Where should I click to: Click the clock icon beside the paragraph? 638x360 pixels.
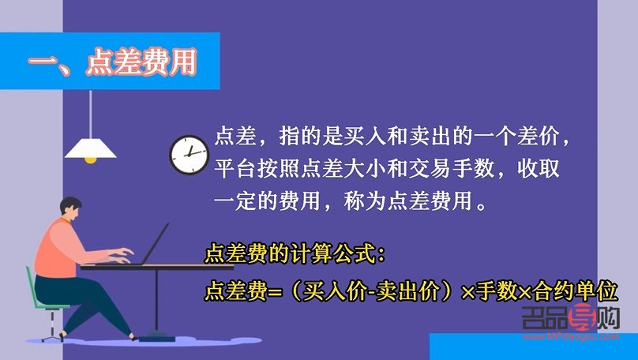(x=189, y=156)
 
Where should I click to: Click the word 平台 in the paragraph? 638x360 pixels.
(x=235, y=168)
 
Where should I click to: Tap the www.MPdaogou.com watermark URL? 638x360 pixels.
(x=571, y=336)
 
